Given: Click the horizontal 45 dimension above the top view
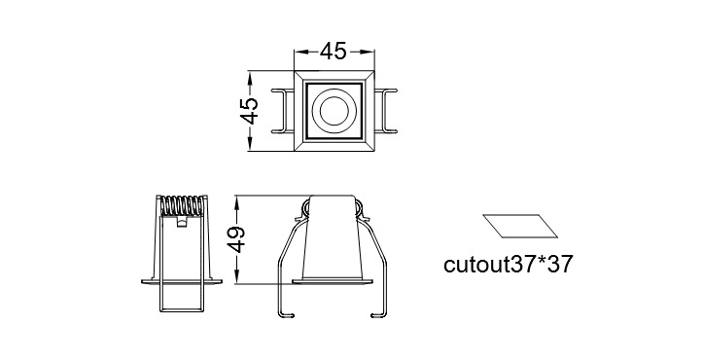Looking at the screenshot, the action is click(334, 52).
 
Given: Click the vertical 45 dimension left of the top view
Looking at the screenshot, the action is click(249, 111).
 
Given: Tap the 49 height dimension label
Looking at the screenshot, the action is click(236, 239).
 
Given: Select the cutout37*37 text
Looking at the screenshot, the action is click(508, 265).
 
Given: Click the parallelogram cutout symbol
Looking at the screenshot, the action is click(520, 226).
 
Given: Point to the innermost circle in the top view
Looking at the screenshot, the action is click(334, 110).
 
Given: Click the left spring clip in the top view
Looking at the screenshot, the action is click(282, 111).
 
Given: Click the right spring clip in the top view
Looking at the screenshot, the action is click(385, 111).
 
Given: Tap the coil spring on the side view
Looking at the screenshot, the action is click(181, 206).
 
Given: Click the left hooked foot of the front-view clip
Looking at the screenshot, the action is click(286, 315).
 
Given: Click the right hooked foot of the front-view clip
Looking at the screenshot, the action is click(379, 315).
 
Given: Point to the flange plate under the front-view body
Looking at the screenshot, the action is click(333, 281).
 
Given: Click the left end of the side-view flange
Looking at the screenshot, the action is click(142, 281).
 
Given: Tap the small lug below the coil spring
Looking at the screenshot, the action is click(181, 222).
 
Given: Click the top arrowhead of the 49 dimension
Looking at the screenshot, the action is click(237, 200).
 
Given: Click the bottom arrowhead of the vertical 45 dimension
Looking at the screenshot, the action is click(250, 145).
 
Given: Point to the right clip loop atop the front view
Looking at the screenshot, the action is click(359, 207).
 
